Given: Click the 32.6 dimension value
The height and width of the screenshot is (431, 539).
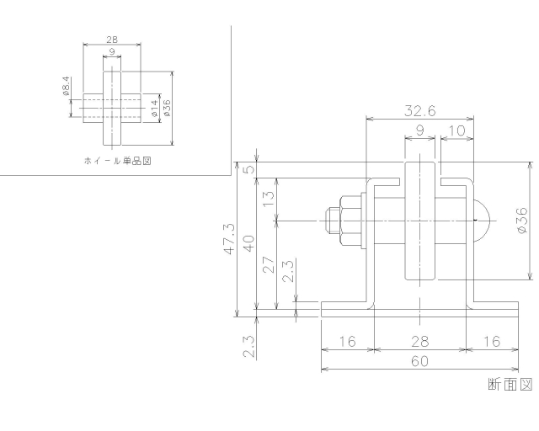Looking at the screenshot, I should click(x=419, y=111).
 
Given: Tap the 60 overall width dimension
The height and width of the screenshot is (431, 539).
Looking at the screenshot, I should click(x=419, y=361).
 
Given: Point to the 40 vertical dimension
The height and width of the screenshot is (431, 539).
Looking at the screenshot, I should click(x=248, y=243).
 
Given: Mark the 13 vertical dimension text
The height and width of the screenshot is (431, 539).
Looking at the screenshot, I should click(x=269, y=199).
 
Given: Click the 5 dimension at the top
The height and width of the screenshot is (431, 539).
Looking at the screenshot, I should click(x=248, y=169).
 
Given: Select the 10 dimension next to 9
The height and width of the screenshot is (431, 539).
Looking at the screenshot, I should click(x=456, y=130).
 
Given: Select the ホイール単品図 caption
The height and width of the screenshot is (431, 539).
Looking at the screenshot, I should click(x=116, y=159).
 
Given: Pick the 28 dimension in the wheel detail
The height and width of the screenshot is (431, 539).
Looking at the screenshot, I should click(x=111, y=40).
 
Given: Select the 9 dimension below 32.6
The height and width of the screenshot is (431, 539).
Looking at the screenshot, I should click(x=419, y=130).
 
